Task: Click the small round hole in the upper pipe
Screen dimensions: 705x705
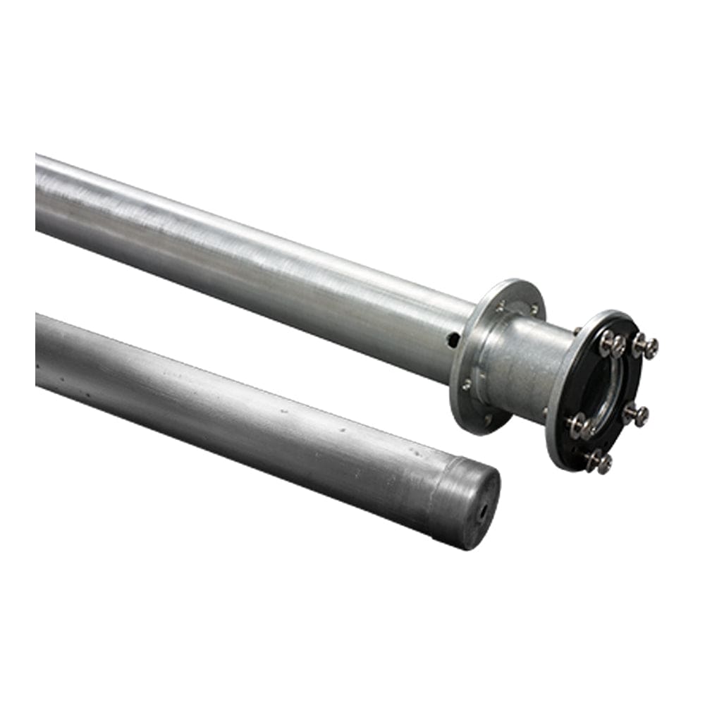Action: [x=453, y=340]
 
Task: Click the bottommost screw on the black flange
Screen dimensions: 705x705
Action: [x=600, y=462]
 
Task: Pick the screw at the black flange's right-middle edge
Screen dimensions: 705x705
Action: [x=637, y=415]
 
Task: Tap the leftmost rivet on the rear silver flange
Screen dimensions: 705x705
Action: [x=466, y=385]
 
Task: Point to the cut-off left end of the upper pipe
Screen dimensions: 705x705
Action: [x=39, y=192]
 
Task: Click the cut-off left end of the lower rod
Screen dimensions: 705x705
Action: [x=39, y=349]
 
